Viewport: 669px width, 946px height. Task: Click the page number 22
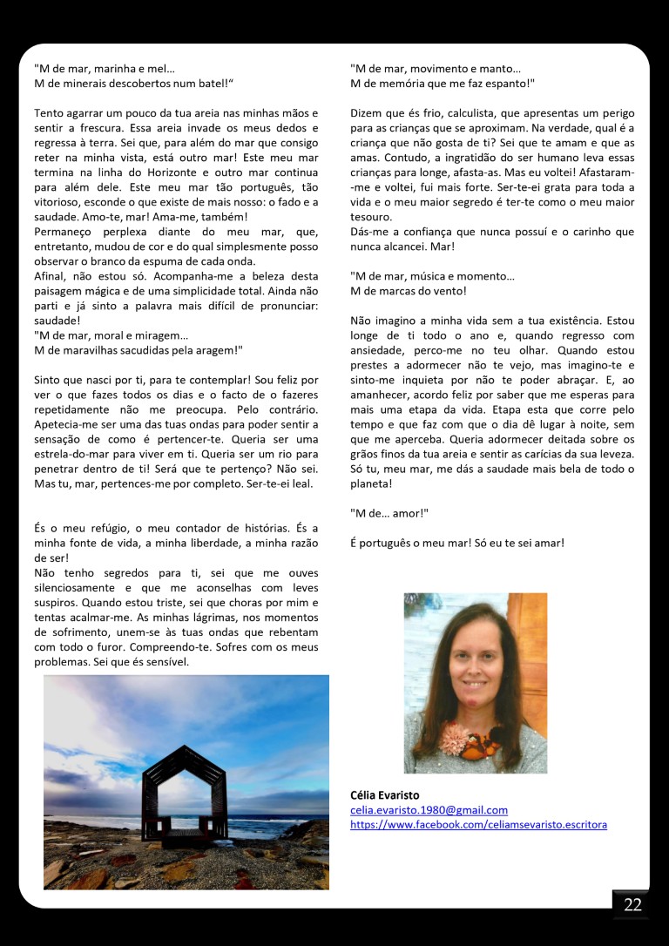(x=632, y=904)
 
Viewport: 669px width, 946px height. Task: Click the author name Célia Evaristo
(x=385, y=795)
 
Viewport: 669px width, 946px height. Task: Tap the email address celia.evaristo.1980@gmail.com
(x=429, y=810)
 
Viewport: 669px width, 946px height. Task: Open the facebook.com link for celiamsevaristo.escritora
(x=478, y=824)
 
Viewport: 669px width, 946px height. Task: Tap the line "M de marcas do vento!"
(x=409, y=291)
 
